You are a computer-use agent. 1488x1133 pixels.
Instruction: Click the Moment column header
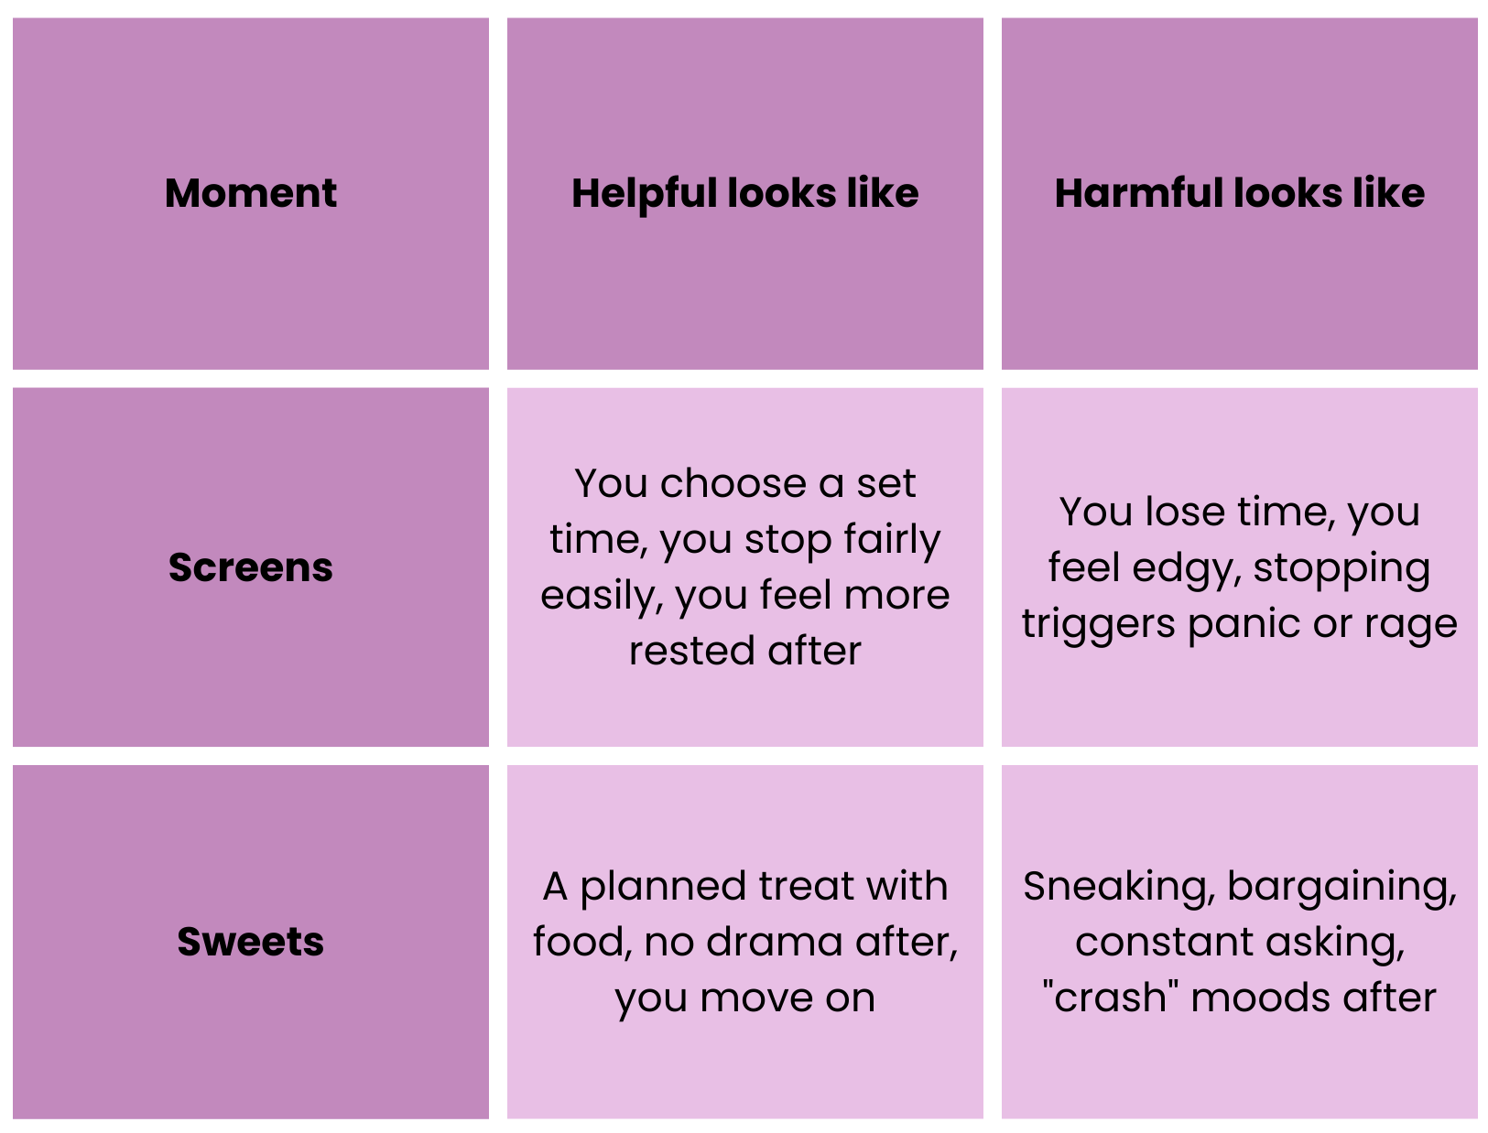(x=250, y=193)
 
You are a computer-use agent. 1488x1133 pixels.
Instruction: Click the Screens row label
(x=250, y=567)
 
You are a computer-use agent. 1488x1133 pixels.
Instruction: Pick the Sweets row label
(x=250, y=942)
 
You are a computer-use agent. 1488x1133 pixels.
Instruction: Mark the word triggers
(x=1098, y=624)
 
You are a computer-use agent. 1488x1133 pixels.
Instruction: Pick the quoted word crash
(x=1111, y=997)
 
